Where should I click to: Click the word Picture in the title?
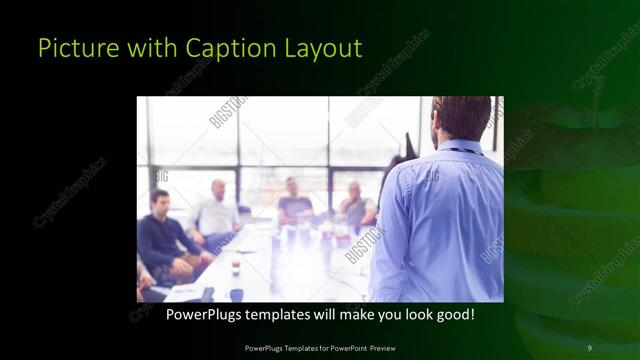(x=69, y=48)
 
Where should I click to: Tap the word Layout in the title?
(x=323, y=48)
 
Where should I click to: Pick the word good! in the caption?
(x=452, y=314)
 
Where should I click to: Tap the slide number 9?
(x=589, y=347)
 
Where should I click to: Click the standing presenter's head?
(x=461, y=118)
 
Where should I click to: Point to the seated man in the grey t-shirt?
(x=294, y=204)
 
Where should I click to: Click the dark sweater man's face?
(x=160, y=201)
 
